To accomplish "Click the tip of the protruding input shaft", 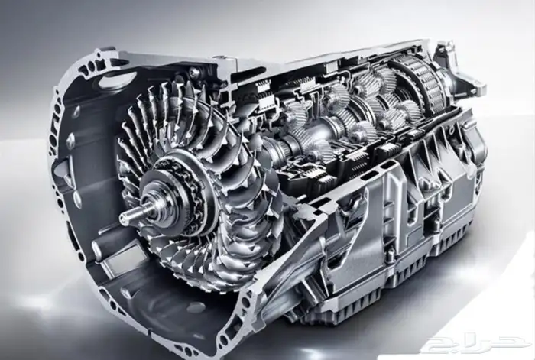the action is click(123, 216).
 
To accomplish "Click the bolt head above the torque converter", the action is click(193, 72).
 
